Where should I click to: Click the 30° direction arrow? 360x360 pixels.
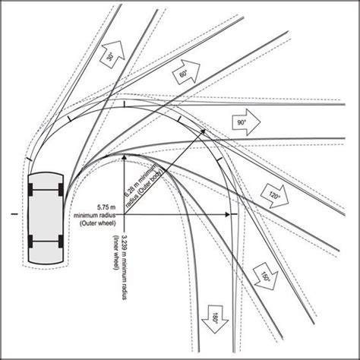[112, 54]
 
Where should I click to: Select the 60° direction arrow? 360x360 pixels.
[186, 71]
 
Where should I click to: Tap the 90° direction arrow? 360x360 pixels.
[246, 122]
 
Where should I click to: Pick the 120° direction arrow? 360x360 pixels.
[275, 197]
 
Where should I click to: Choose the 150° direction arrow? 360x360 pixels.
[266, 276]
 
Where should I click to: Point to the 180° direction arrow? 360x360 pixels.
[215, 319]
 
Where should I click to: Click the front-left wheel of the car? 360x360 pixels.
[30, 190]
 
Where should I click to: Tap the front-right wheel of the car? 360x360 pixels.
[61, 190]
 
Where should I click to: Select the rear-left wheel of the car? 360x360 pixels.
[30, 242]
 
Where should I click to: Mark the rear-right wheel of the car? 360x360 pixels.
[61, 242]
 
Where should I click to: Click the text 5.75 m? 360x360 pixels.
[106, 207]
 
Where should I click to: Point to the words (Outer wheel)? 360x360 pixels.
[98, 223]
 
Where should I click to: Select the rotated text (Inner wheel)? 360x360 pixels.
[115, 252]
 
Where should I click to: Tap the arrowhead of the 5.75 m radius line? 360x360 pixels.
[228, 214]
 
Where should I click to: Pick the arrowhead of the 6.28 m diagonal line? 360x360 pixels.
[204, 131]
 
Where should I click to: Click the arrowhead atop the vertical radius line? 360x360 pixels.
[124, 157]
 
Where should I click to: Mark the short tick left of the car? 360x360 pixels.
[15, 214]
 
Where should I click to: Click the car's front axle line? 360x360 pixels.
[46, 190]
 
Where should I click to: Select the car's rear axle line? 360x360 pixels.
[46, 242]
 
